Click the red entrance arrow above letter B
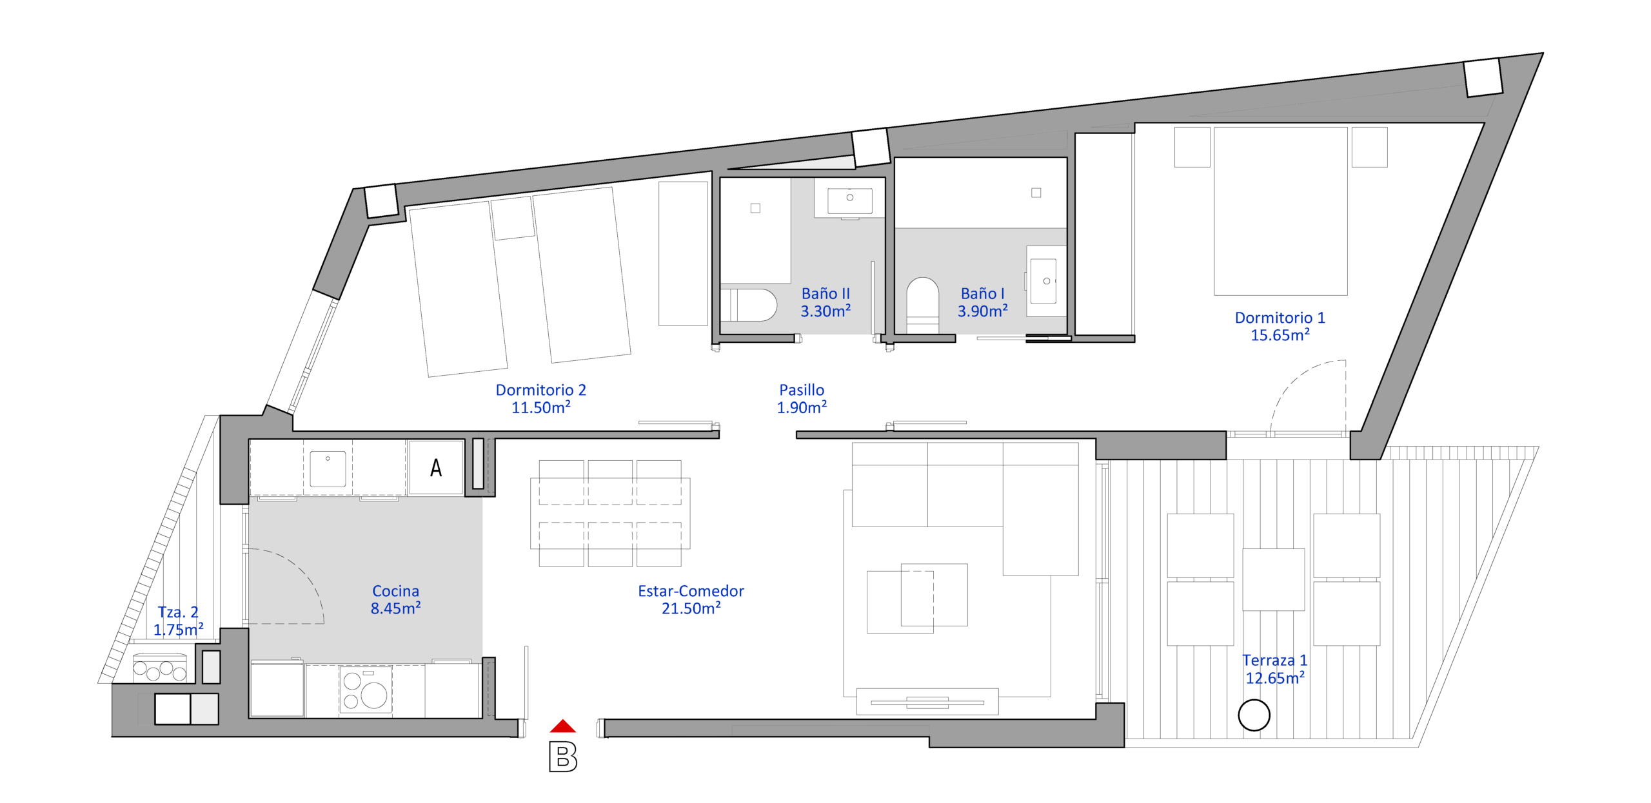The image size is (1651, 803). (x=562, y=726)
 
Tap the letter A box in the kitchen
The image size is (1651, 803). (x=436, y=467)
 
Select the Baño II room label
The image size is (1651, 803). (x=825, y=294)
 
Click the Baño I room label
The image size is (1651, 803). (x=982, y=294)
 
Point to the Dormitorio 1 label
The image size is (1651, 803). (x=1280, y=318)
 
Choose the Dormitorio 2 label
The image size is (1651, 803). (x=540, y=390)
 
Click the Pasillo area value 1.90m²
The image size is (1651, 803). (x=802, y=407)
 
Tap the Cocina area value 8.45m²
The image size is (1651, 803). (x=395, y=608)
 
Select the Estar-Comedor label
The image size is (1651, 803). (x=691, y=591)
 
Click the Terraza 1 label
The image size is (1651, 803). (x=1274, y=661)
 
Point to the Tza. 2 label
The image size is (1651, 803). (x=178, y=612)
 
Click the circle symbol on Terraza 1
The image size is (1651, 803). (x=1254, y=715)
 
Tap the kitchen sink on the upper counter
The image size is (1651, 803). (x=328, y=469)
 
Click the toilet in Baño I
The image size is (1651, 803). (x=922, y=305)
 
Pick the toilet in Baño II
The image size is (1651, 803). (x=749, y=305)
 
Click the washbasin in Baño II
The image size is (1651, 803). (x=849, y=199)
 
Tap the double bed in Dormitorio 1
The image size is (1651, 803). (x=1280, y=211)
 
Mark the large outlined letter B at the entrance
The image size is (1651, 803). (x=562, y=757)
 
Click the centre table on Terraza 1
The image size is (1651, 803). (x=1273, y=579)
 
